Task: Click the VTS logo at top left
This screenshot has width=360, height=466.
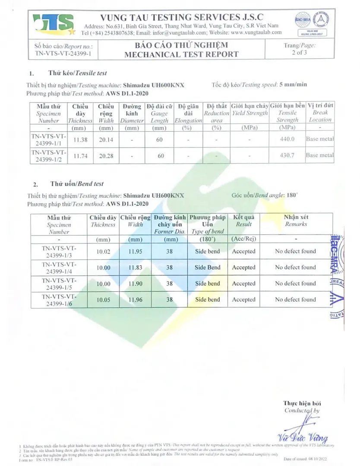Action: click(54, 24)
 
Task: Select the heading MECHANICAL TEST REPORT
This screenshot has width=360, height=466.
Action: click(181, 54)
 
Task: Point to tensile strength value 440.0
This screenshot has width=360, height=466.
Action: click(287, 139)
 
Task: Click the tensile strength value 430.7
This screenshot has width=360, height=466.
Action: click(287, 155)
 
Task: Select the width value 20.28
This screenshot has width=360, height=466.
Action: click(106, 156)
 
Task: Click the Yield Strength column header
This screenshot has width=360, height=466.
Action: click(249, 113)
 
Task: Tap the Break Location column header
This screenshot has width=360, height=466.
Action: click(320, 113)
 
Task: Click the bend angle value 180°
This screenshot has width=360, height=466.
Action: click(292, 195)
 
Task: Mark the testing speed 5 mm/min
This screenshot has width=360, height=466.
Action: click(293, 85)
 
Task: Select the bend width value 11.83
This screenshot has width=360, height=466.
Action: click(136, 268)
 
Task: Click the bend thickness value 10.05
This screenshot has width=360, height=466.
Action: click(103, 300)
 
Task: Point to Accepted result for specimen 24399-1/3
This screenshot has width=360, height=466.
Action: click(243, 252)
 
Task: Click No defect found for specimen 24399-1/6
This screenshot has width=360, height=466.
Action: click(295, 299)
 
